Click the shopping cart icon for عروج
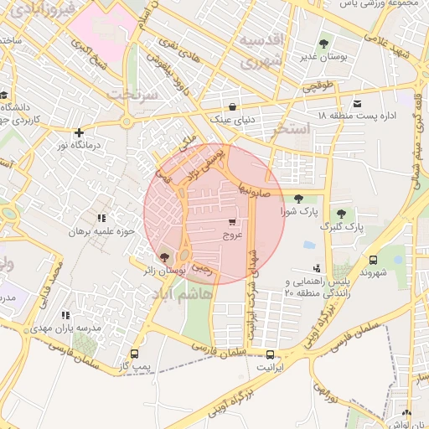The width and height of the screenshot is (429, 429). click(x=231, y=222)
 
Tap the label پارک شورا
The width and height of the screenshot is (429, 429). click(x=301, y=213)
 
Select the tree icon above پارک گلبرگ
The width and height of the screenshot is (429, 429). click(x=341, y=213)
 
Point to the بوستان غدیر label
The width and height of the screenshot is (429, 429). click(x=323, y=58)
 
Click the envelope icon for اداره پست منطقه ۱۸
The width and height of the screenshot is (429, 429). click(x=358, y=104)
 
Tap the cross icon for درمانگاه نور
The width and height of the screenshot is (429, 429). click(x=79, y=132)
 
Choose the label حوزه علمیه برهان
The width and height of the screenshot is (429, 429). click(x=101, y=230)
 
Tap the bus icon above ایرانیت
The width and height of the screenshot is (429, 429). click(x=270, y=354)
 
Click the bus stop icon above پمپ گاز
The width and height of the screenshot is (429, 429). click(x=134, y=354)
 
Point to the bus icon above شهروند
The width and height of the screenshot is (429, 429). click(x=373, y=260)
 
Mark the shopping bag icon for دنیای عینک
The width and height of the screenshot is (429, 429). click(x=232, y=106)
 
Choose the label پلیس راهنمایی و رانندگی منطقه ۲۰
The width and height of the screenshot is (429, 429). click(x=318, y=287)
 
